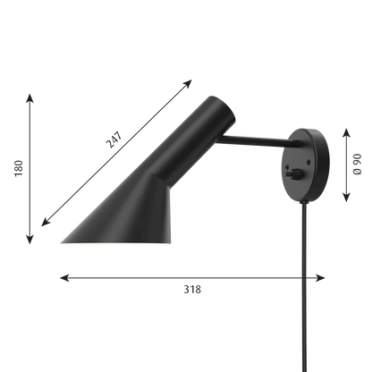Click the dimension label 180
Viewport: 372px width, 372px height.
pyautogui.click(x=19, y=168)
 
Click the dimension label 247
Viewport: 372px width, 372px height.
pyautogui.click(x=114, y=139)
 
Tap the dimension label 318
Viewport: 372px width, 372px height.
pyautogui.click(x=192, y=290)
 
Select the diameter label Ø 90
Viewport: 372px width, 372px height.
pyautogui.click(x=357, y=164)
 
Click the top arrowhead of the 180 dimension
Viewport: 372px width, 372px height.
pyautogui.click(x=30, y=97)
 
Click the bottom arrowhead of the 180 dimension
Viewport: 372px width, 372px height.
pyautogui.click(x=30, y=240)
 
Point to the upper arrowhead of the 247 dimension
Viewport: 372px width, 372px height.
pyautogui.click(x=188, y=83)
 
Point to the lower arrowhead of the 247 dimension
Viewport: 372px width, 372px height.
pyautogui.click(x=46, y=223)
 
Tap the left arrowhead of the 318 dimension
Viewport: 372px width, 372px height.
pyautogui.click(x=64, y=278)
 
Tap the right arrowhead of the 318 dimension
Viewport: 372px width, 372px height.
pyautogui.click(x=320, y=278)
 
